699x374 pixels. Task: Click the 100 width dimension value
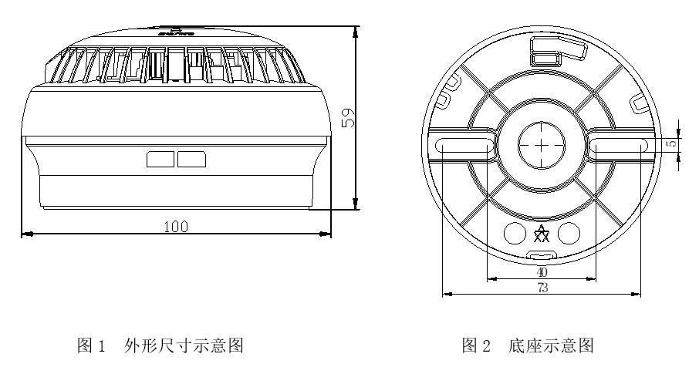[177, 225]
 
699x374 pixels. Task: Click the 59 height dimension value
[348, 118]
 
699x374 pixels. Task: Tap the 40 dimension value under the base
[542, 271]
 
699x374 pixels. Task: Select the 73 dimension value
[542, 287]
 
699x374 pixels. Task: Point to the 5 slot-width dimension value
[672, 143]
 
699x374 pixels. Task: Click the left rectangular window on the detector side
[160, 159]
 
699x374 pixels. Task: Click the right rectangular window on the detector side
[191, 159]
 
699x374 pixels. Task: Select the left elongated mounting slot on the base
[465, 145]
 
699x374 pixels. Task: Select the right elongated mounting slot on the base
[617, 145]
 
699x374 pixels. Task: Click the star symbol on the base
[542, 231]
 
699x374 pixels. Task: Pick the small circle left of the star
[514, 231]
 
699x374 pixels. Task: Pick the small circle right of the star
[569, 231]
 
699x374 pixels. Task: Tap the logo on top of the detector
[177, 32]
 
